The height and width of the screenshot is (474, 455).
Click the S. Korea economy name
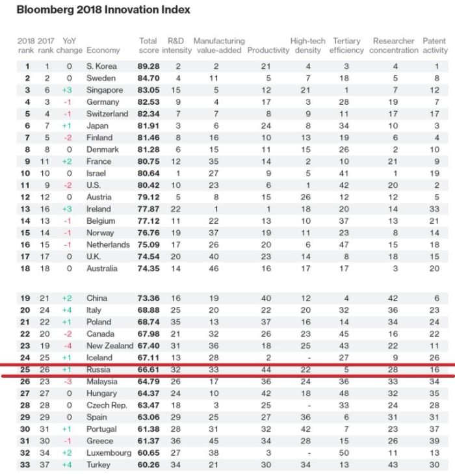[101, 66]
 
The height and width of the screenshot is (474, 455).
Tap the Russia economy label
[99, 369]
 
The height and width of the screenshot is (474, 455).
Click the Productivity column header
[268, 50]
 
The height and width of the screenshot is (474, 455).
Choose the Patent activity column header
[435, 46]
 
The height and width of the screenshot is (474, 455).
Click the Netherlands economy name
[109, 245]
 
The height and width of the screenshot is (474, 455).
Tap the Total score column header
[148, 46]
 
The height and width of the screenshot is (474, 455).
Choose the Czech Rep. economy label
[107, 405]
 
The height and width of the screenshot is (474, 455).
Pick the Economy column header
[103, 50]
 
